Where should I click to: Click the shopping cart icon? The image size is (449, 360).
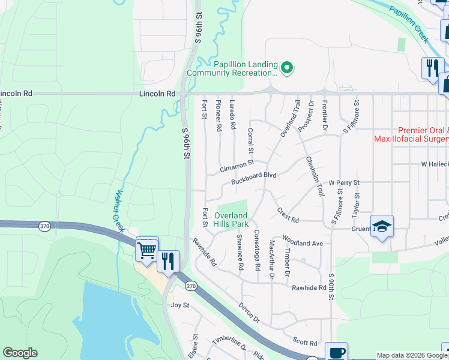coord(147,249)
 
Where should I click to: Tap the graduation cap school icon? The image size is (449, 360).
coord(382,227)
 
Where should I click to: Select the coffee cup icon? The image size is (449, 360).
coord(336,353)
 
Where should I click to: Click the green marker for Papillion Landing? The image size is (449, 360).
coord(287,68)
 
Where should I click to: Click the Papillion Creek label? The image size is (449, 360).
coord(408,24)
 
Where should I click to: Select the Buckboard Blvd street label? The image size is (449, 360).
coord(253,175)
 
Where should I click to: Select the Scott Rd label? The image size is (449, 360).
coord(305,342)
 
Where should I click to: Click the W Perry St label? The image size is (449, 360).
coord(343,182)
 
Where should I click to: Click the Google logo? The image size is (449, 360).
coord(20,353)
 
